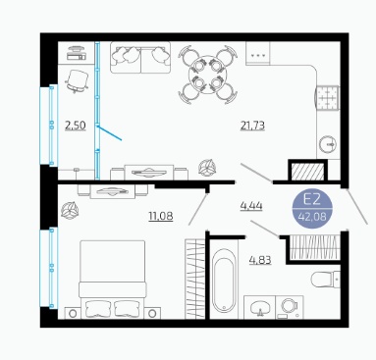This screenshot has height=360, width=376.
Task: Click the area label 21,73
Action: (x=252, y=126)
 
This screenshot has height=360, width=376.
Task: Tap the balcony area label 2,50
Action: (x=76, y=126)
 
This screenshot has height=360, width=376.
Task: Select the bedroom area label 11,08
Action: (x=161, y=216)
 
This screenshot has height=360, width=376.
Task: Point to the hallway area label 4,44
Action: (x=251, y=206)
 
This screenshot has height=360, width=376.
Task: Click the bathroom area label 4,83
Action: (x=260, y=260)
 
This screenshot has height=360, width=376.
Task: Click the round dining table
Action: (x=207, y=75)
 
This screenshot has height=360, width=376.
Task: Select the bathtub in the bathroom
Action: (x=224, y=281)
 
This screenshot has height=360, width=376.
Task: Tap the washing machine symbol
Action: (x=290, y=307)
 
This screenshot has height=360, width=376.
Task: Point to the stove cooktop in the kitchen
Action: (x=328, y=98)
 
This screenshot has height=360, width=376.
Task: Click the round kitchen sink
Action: (x=328, y=144)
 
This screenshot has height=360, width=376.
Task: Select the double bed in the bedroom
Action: (x=113, y=280)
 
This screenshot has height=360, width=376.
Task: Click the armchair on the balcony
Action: (x=78, y=79)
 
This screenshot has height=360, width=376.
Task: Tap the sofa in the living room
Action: (x=140, y=57)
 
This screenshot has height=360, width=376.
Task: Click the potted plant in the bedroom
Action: (x=70, y=210)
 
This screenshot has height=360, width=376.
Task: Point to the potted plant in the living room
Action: (x=207, y=168)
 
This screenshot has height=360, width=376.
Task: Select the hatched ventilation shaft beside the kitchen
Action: (x=307, y=172)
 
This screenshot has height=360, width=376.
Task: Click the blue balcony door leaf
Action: (x=110, y=133)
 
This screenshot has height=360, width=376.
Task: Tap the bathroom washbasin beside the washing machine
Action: (x=260, y=307)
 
